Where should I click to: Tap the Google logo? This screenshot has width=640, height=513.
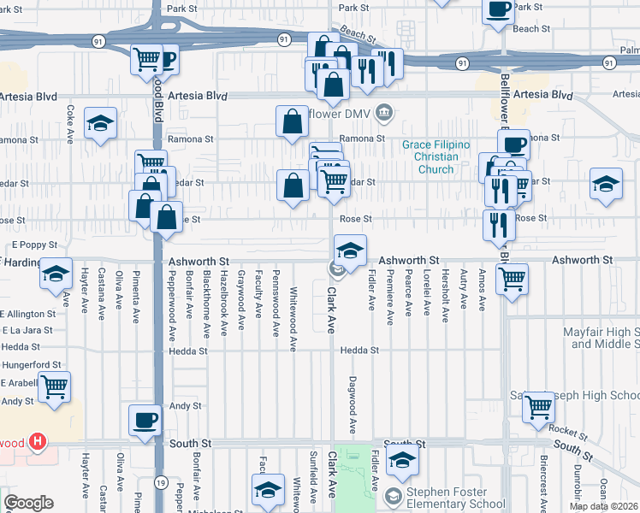(28, 503)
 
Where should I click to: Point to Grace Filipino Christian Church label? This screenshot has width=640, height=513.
(436, 156)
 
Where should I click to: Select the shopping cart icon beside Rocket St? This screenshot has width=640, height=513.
(538, 407)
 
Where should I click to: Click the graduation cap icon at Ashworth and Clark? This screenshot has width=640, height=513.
(349, 251)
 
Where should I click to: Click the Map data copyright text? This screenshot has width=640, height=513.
(602, 506)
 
